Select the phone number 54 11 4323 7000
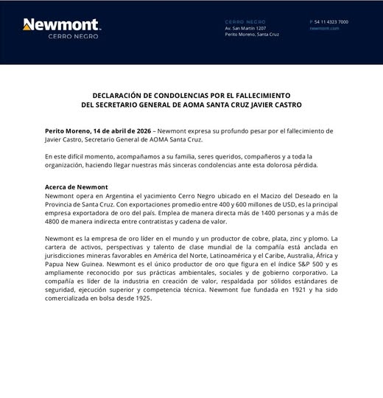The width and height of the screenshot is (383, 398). (x=331, y=22)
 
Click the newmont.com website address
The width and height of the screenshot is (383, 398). (x=324, y=28)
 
